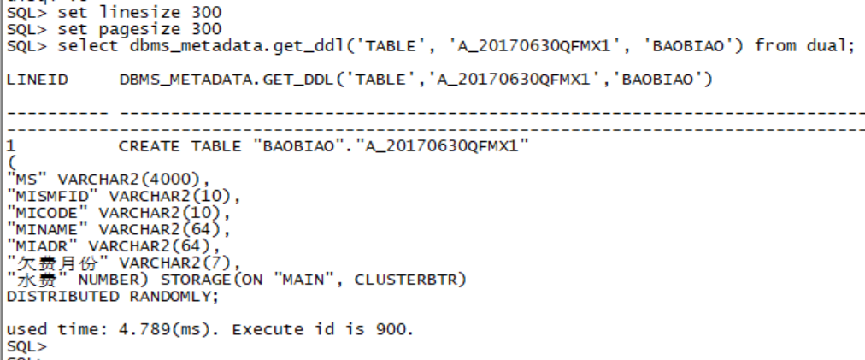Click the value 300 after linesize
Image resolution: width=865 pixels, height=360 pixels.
[x=206, y=13]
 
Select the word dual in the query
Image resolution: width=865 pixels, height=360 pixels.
[x=829, y=45]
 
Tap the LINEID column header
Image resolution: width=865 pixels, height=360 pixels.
[x=31, y=80]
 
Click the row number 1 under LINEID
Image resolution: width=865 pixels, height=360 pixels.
[x=9, y=146]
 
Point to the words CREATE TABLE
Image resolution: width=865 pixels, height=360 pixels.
[x=179, y=146]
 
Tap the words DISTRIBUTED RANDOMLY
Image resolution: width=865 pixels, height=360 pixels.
[x=112, y=296]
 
